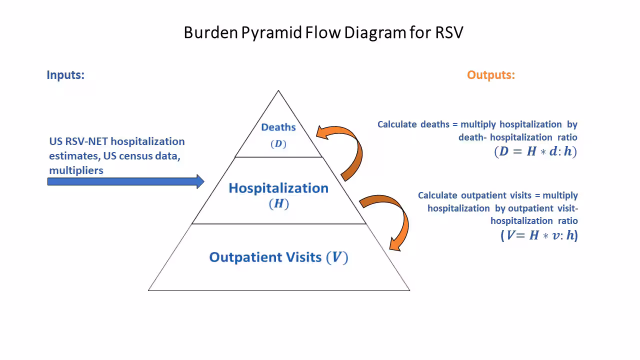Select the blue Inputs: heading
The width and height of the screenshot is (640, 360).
[x=65, y=75]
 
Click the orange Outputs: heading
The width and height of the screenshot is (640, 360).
[x=490, y=75]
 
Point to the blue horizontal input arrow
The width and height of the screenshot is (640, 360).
[x=125, y=181]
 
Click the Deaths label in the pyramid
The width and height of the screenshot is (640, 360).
[x=278, y=127]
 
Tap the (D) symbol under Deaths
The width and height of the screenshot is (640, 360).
[x=278, y=144]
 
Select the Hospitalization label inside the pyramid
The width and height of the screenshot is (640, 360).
[x=278, y=188]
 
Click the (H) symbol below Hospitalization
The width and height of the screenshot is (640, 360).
[x=278, y=204]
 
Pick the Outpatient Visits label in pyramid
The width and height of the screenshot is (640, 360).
[x=265, y=257]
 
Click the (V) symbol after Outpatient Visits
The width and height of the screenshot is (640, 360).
[x=336, y=257]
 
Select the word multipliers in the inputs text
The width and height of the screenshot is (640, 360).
[x=76, y=170]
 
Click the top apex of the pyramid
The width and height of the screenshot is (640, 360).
[x=278, y=91]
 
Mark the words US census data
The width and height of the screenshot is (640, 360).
[x=141, y=156]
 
